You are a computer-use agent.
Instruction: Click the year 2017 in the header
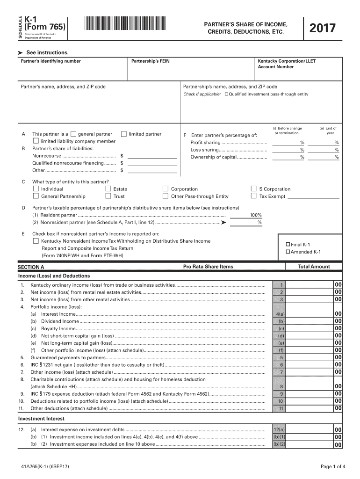323,29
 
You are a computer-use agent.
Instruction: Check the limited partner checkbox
124,134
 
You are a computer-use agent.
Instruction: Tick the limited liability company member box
36,141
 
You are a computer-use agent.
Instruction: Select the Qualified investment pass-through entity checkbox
227,94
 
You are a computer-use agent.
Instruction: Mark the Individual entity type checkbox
36,189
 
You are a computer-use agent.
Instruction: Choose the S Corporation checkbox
254,189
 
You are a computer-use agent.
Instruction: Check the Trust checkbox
108,196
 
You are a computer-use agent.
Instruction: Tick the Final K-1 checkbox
288,245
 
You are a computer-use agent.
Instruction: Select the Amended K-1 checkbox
288,252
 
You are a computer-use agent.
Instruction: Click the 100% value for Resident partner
255,215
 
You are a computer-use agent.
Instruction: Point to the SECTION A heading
31,267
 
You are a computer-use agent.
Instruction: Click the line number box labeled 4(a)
281,314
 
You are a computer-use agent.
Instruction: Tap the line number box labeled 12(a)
281,429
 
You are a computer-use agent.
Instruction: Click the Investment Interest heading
41,419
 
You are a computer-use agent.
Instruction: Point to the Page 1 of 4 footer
333,466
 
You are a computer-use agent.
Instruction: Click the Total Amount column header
314,267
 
